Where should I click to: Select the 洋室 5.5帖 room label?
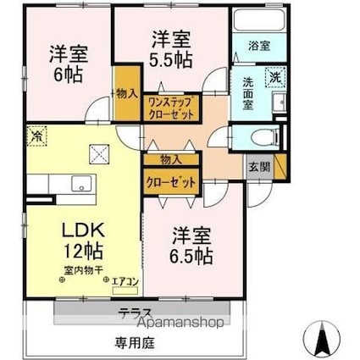[170, 48]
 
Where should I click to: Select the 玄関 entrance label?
[259, 166]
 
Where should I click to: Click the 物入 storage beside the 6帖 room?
[128, 91]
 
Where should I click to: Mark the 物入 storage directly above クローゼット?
[169, 159]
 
